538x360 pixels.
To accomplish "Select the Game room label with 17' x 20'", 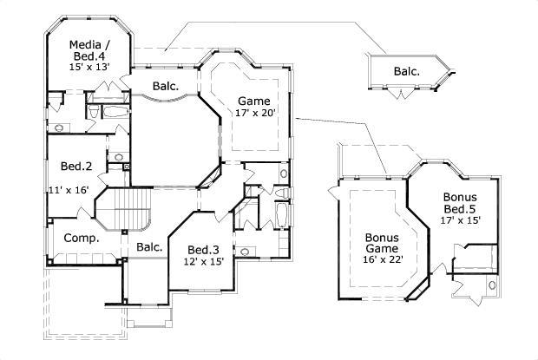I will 253,100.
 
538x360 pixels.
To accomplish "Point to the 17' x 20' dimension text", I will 256,113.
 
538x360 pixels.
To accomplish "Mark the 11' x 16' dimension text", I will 69,188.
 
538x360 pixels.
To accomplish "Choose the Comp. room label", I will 82,238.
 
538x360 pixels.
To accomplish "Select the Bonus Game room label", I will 381,243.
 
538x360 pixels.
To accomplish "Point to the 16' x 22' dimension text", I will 384,258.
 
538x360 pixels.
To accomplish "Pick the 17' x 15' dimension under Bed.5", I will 460,219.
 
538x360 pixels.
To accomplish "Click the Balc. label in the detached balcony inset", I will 406,72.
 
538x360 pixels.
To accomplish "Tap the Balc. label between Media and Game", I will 166,87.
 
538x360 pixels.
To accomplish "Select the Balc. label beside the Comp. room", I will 149,247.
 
